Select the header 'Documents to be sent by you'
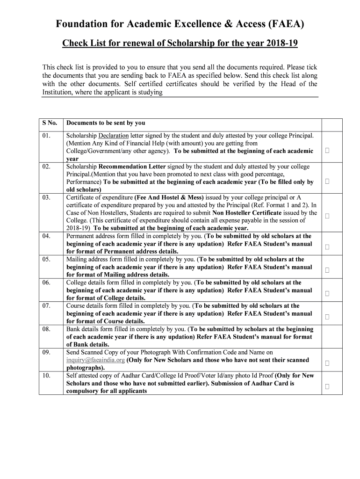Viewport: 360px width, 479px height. coord(106,123)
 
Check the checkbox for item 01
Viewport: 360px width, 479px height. coord(327,151)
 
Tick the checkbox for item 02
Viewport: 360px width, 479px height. coord(327,181)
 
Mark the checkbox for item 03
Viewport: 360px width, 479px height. coord(327,216)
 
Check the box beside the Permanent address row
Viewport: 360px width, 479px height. coord(327,247)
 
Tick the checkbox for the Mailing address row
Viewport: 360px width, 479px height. coord(327,270)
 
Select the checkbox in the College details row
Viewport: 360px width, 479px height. coord(327,293)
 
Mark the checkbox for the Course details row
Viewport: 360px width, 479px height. coord(327,317)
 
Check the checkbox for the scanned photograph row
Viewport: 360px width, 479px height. coord(327,363)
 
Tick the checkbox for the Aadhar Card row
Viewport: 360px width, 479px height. coord(327,386)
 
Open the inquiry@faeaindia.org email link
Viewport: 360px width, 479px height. coord(95,360)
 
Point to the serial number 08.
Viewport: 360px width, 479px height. coord(46,329)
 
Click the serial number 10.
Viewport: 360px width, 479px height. coord(46,376)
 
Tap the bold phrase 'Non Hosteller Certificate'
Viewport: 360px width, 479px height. coord(247,213)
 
